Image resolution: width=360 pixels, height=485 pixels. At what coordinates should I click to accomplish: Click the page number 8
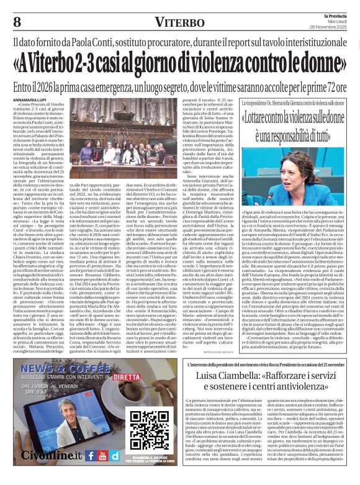click(17, 22)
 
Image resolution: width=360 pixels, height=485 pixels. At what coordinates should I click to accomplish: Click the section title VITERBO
click(180, 23)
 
